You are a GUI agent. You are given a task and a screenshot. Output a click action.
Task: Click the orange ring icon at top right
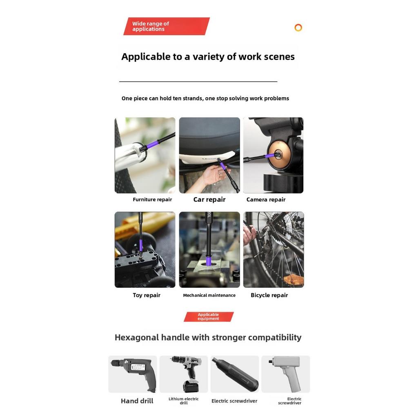[298, 27]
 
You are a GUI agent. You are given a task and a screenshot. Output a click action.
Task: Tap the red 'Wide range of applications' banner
[167, 26]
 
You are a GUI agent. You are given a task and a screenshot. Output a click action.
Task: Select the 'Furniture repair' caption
[152, 199]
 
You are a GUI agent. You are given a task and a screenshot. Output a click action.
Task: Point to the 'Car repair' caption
[209, 199]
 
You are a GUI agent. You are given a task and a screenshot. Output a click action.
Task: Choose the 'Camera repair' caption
[266, 199]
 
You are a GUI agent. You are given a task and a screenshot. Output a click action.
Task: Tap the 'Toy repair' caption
[147, 295]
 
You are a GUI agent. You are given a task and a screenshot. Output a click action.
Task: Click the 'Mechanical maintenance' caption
[209, 295]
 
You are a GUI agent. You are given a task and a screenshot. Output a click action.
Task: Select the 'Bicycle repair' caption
[269, 295]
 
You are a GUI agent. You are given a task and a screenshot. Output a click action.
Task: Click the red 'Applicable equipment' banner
[209, 317]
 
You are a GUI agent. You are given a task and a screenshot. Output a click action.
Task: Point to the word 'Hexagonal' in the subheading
[137, 338]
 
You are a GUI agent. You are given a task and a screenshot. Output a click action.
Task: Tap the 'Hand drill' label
[137, 401]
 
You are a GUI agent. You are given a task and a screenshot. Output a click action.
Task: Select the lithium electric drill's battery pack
[191, 386]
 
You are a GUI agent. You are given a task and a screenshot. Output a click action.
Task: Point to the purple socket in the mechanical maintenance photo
[209, 259]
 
